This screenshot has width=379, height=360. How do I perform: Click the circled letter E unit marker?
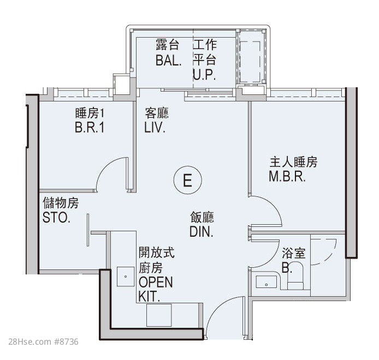tap(187, 180)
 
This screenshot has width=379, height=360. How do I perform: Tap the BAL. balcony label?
tap(168, 61)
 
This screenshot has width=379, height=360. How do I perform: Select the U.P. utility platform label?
tap(204, 75)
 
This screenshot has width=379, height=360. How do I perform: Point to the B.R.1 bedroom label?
tap(90, 127)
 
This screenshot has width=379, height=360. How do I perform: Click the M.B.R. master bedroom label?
tap(287, 177)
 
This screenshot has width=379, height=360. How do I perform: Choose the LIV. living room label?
tap(155, 127)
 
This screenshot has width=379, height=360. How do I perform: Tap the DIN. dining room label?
tap(202, 232)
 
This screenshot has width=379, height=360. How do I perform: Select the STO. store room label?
tap(56, 218)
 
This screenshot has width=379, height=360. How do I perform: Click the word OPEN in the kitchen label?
tap(156, 282)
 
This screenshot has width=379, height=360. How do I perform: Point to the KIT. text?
tap(149, 297)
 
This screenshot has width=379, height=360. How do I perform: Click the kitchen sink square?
tap(126, 277)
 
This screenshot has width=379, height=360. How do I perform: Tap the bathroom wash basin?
tap(267, 282)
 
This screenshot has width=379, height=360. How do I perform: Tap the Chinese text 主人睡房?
tap(293, 162)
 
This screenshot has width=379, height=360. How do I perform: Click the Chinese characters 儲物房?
tap(61, 202)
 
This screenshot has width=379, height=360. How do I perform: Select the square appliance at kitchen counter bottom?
tap(159, 315)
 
